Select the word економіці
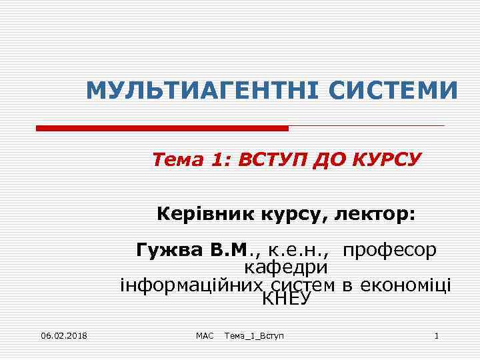pyautogui.click(x=405, y=285)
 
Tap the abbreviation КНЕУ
pyautogui.click(x=287, y=299)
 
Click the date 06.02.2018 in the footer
pyautogui.click(x=58, y=335)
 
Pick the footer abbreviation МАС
pyautogui.click(x=205, y=335)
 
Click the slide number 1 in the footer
pyautogui.click(x=436, y=335)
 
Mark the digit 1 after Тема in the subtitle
pyautogui.click(x=216, y=160)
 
